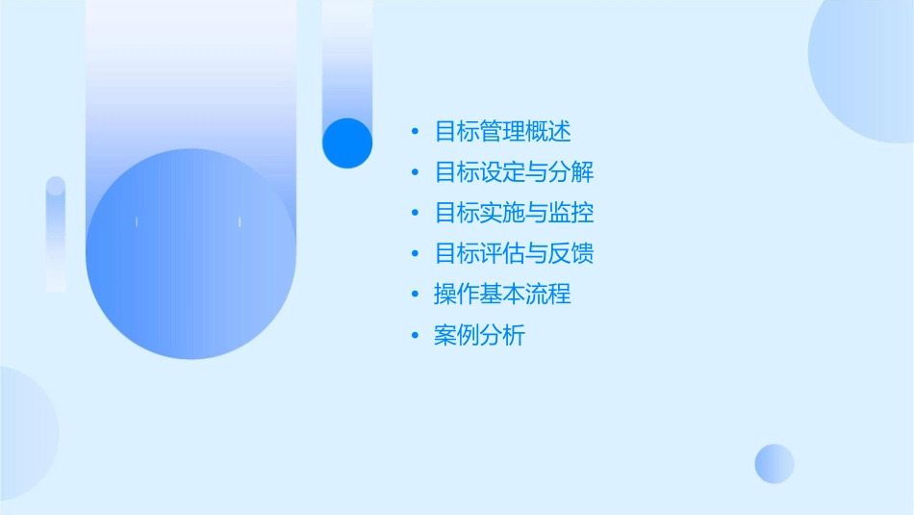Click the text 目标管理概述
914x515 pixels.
pyautogui.click(x=502, y=131)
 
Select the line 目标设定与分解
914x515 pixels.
pyautogui.click(x=514, y=172)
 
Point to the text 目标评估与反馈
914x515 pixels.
pyautogui.click(x=514, y=253)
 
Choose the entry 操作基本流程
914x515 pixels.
pyautogui.click(x=502, y=294)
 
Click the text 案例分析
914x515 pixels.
pyautogui.click(x=479, y=336)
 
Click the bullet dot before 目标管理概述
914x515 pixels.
pyautogui.click(x=415, y=131)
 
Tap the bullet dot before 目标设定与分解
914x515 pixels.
pyautogui.click(x=415, y=172)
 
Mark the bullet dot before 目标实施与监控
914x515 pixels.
pyautogui.click(x=415, y=213)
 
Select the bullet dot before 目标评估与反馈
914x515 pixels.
pyautogui.click(x=415, y=253)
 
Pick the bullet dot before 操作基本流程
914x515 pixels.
pyautogui.click(x=415, y=294)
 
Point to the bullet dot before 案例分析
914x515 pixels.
pyautogui.click(x=415, y=336)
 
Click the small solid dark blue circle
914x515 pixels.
pyautogui.click(x=347, y=142)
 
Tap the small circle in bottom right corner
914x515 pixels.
pyautogui.click(x=774, y=463)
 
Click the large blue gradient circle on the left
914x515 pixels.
pyautogui.click(x=190, y=254)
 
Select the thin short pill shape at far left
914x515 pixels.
pyautogui.click(x=56, y=233)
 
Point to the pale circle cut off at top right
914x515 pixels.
pyautogui.click(x=866, y=67)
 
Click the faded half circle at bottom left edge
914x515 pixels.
pyautogui.click(x=24, y=433)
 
